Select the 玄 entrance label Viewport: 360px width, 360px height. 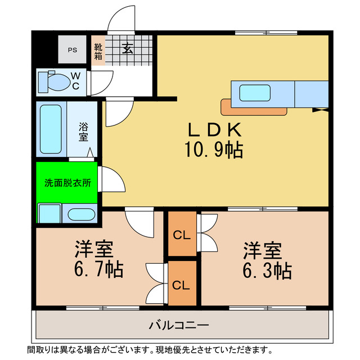point(128,49)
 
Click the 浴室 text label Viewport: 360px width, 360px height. point(83,132)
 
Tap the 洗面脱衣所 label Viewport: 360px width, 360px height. point(67,183)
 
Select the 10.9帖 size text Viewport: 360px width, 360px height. point(213,150)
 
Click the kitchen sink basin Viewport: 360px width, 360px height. point(255,93)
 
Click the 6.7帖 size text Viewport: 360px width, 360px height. point(98,270)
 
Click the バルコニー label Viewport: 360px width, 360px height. point(179,325)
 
